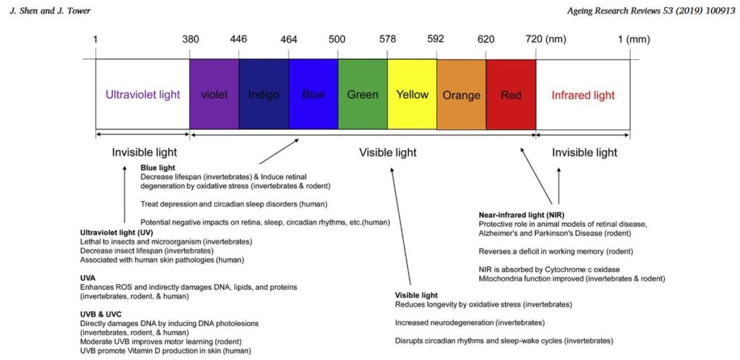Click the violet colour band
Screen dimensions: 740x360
point(214,95)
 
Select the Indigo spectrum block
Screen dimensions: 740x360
point(264,95)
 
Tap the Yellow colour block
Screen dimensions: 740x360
point(412,95)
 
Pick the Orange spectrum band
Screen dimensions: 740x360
point(462,95)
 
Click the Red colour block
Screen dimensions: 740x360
point(511,95)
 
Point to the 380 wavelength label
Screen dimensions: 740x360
point(191,40)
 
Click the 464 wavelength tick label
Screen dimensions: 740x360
point(289,40)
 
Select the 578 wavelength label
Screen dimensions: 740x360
point(387,40)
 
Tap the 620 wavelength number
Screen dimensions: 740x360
point(486,40)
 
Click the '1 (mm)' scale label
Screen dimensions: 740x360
point(634,40)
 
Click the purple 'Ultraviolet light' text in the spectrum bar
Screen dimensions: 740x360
point(142,95)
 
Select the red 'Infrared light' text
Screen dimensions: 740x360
point(583,95)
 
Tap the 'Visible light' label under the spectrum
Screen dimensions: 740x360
point(388,153)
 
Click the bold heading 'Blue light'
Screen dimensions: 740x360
point(158,168)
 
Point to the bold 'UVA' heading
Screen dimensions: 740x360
point(87,278)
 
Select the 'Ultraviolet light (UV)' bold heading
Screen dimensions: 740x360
point(116,233)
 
